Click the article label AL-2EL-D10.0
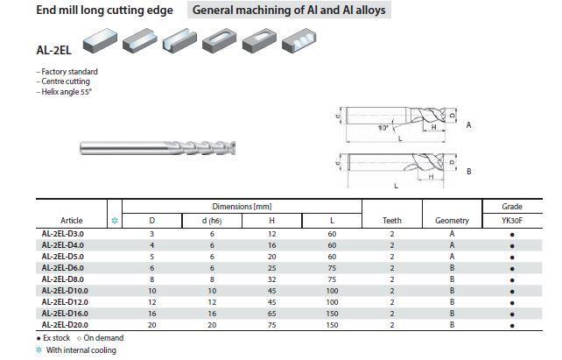coord(65,291)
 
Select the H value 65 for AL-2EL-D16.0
coord(271,314)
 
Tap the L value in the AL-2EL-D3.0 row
coord(332,234)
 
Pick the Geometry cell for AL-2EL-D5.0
coord(452,257)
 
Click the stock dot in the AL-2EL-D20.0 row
coord(512,326)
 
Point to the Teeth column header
coord(392,221)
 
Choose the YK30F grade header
coord(512,221)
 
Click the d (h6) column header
coord(212,221)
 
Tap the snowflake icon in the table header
coord(115,221)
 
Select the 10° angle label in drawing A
coord(383,128)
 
